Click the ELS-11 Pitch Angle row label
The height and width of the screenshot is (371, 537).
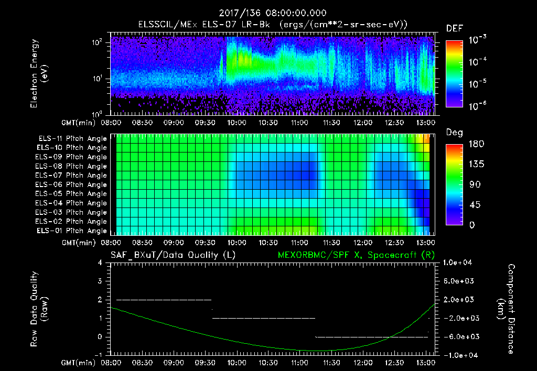click(x=71, y=139)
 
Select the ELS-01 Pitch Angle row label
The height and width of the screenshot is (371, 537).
click(x=71, y=231)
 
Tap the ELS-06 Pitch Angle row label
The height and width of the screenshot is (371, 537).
click(x=71, y=184)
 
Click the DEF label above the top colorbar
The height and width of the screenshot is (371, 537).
click(x=454, y=29)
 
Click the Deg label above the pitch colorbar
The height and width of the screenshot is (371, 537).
click(x=454, y=133)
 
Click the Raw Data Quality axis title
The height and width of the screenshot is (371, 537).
click(x=39, y=309)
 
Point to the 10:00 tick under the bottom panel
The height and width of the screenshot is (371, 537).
click(x=237, y=363)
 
